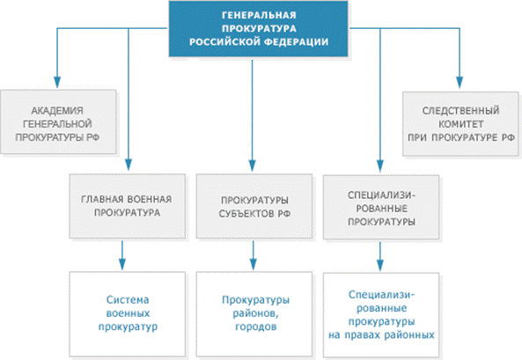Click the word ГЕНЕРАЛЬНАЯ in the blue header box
click(259, 15)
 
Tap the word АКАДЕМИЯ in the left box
click(57, 111)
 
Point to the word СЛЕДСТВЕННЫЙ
click(460, 111)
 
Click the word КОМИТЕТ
click(460, 124)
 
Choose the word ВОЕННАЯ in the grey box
click(150, 199)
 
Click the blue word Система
click(128, 300)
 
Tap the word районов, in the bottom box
click(255, 313)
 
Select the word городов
click(255, 327)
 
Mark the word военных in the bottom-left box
click(128, 313)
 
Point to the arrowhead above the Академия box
click(57, 82)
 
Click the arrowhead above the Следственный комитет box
click(460, 82)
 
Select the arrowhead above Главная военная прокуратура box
click(129, 165)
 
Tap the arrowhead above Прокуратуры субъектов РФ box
click(252, 165)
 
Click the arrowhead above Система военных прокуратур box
click(122, 264)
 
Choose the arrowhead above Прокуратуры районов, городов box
click(253, 264)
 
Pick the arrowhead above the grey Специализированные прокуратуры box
click(380, 166)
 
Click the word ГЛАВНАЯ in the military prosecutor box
click(102, 199)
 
